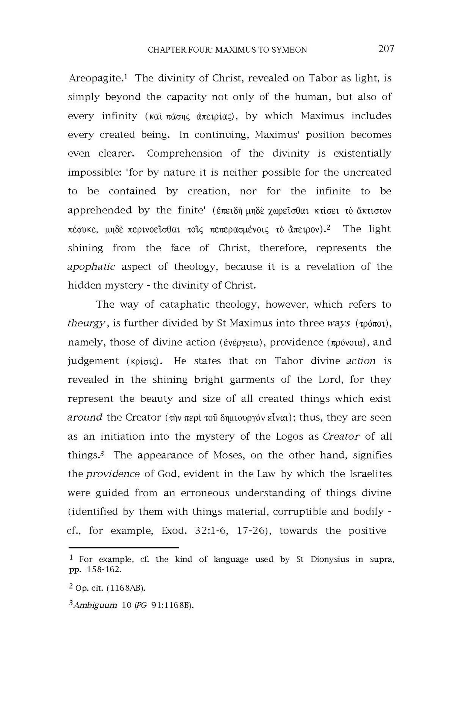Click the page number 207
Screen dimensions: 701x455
point(386,49)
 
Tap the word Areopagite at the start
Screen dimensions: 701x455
point(95,79)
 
